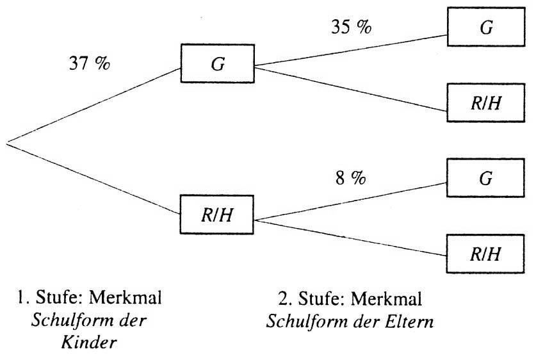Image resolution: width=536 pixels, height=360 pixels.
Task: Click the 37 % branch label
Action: click(90, 63)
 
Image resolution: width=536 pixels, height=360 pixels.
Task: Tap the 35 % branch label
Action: click(351, 26)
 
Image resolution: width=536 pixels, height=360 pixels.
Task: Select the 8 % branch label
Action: click(351, 178)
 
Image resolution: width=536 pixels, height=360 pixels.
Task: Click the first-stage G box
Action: click(217, 63)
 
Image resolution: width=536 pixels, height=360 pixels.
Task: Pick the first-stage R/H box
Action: click(216, 215)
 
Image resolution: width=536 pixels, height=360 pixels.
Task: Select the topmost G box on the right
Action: click(486, 27)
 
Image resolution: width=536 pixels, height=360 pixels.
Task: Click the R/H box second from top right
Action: click(486, 102)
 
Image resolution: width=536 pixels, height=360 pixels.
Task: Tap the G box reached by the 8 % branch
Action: click(485, 178)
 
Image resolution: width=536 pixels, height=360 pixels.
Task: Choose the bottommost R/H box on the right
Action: click(485, 254)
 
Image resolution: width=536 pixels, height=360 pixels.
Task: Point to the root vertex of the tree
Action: click(7, 143)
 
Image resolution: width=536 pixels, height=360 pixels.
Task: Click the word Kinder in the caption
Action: click(89, 343)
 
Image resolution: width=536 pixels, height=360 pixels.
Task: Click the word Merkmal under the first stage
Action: click(125, 297)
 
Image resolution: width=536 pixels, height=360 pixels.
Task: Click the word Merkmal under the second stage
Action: click(386, 298)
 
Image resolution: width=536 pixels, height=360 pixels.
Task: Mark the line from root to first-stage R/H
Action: click(93, 179)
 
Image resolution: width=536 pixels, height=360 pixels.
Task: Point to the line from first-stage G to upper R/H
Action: click(351, 89)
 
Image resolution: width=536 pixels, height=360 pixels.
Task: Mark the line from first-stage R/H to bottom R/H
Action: click(350, 238)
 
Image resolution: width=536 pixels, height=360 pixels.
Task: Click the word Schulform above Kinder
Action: click(70, 320)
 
